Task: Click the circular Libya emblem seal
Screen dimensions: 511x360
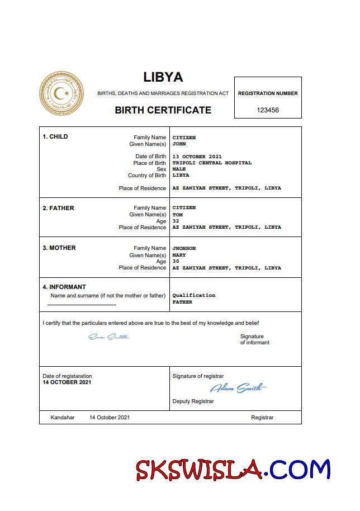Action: [61, 94]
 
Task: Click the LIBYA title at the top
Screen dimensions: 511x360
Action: [163, 77]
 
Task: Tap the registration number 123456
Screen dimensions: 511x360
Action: [267, 110]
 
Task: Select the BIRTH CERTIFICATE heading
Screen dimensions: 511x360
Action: [163, 110]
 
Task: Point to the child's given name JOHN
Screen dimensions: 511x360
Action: [179, 144]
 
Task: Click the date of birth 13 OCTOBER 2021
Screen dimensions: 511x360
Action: [197, 156]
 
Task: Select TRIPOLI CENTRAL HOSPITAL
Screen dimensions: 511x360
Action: [212, 163]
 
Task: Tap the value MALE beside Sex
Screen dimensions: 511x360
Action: [179, 169]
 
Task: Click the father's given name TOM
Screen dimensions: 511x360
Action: [177, 214]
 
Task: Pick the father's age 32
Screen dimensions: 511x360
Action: [176, 221]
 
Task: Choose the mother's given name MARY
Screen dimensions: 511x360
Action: [179, 255]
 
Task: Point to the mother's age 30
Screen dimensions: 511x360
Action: [176, 261]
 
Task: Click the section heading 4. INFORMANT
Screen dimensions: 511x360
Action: [64, 287]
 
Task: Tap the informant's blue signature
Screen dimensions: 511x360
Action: [108, 337]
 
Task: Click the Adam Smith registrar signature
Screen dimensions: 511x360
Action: [238, 388]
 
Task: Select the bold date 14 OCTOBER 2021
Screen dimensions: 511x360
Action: [67, 382]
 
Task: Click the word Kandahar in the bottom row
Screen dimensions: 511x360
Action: [62, 418]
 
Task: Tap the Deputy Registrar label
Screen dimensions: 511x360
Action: [193, 401]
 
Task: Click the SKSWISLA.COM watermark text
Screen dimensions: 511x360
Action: [234, 470]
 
